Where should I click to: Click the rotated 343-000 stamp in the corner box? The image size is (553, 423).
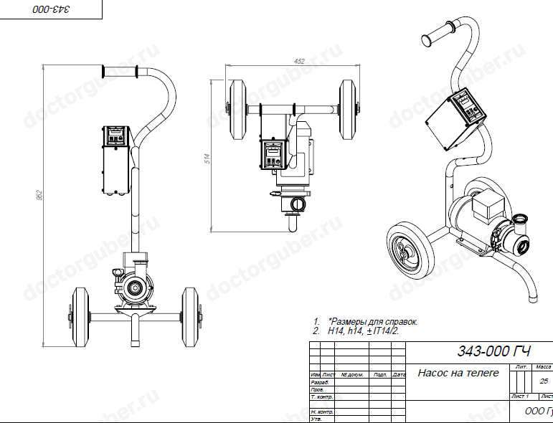[52, 9]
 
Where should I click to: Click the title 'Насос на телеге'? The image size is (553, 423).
[458, 373]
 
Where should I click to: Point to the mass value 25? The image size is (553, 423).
[543, 381]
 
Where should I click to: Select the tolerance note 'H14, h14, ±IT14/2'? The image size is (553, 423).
[362, 332]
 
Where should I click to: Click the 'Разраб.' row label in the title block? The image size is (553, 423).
[320, 383]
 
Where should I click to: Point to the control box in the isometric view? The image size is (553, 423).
[457, 120]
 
